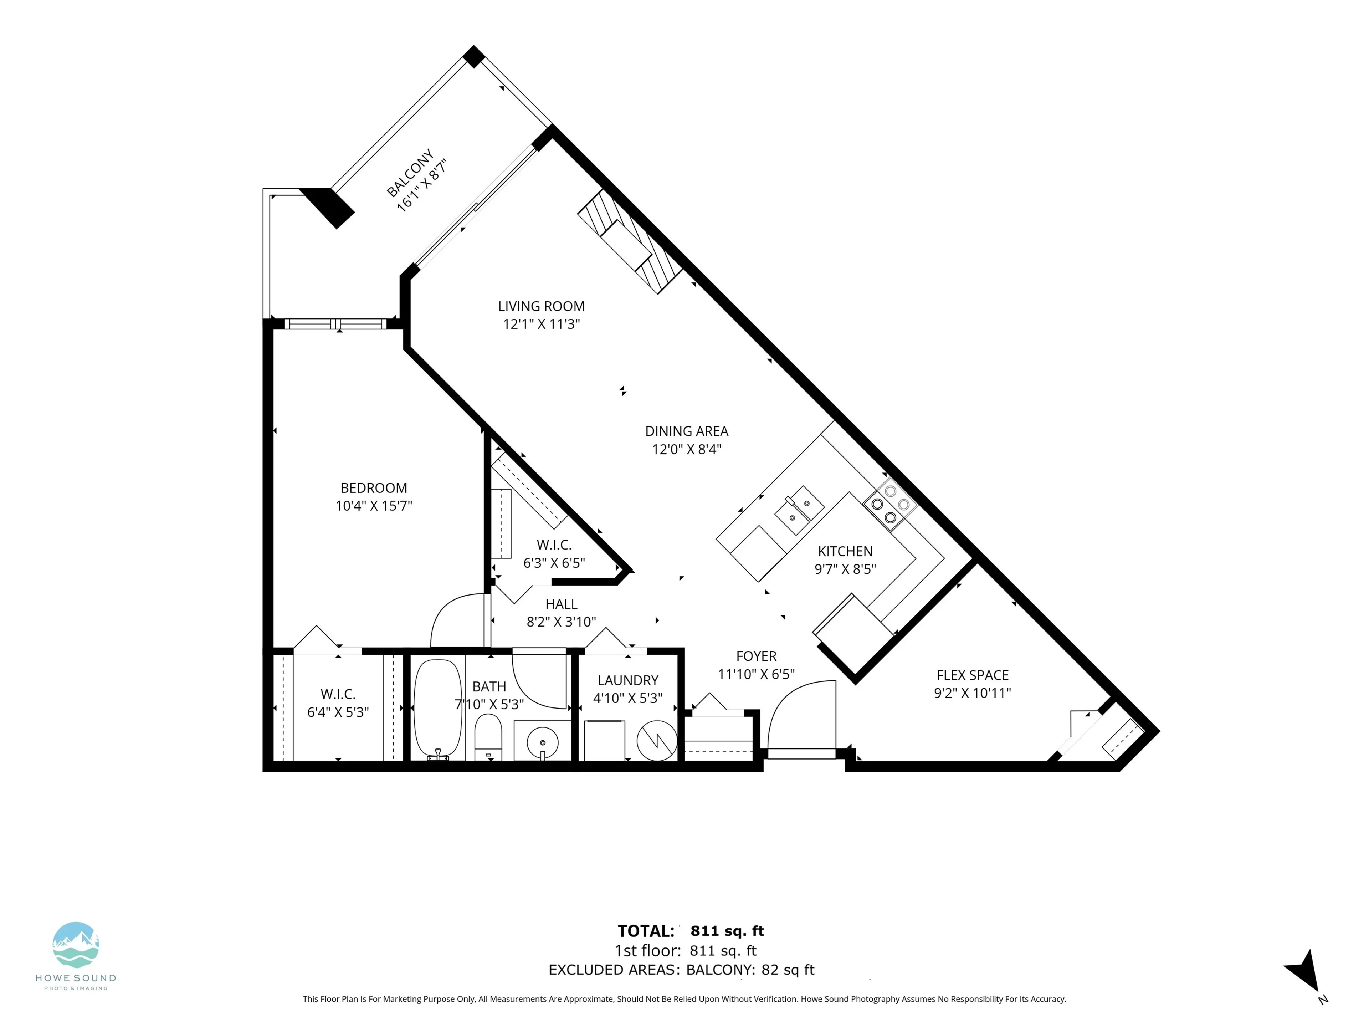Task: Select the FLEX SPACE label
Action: click(x=972, y=675)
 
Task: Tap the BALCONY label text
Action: click(x=410, y=173)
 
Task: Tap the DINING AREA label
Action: click(x=686, y=431)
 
